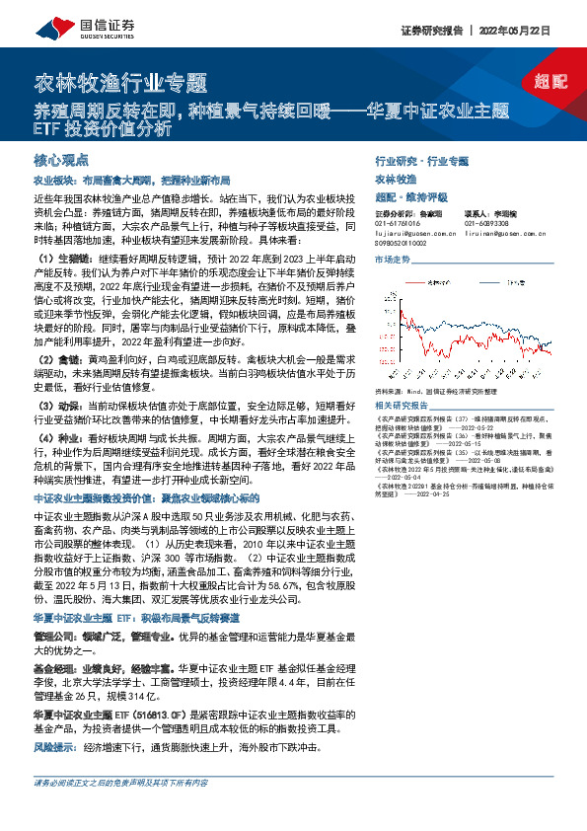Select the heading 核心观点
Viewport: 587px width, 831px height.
pyautogui.click(x=61, y=159)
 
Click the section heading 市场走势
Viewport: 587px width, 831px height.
pyautogui.click(x=393, y=260)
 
